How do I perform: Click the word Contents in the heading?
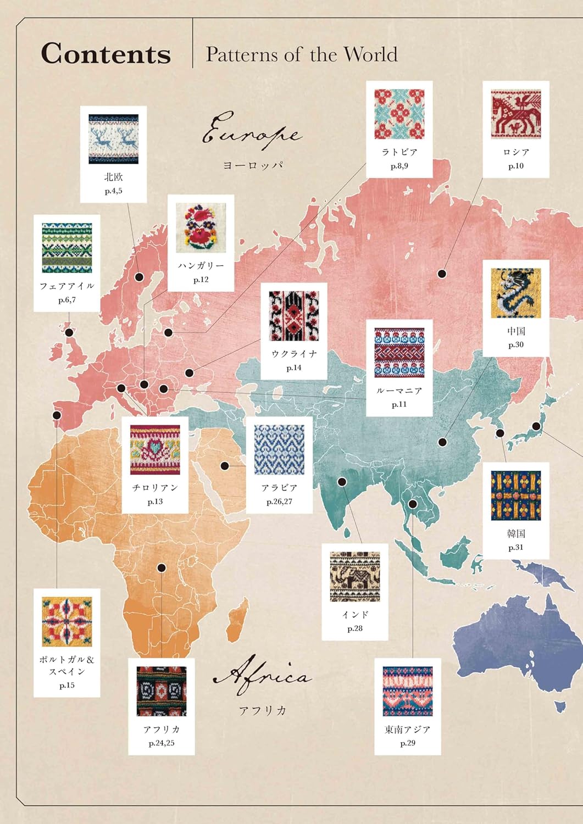pyautogui.click(x=106, y=54)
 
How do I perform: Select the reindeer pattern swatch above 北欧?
pyautogui.click(x=114, y=139)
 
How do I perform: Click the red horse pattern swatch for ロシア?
pyautogui.click(x=516, y=114)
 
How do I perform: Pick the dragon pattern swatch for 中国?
pyautogui.click(x=516, y=293)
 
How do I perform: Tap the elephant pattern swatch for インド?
pyautogui.click(x=355, y=577)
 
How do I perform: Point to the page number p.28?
pyautogui.click(x=355, y=628)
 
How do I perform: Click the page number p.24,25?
pyautogui.click(x=162, y=743)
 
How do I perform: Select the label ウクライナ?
pyautogui.click(x=294, y=354)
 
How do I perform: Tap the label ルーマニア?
pyautogui.click(x=399, y=391)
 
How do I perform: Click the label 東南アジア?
pyautogui.click(x=408, y=730)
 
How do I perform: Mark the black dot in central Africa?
pyautogui.click(x=162, y=567)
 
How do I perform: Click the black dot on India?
pyautogui.click(x=342, y=482)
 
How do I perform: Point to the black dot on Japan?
pyautogui.click(x=536, y=426)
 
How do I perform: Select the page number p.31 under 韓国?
pyautogui.click(x=516, y=547)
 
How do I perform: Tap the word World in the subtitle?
pyautogui.click(x=370, y=54)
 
